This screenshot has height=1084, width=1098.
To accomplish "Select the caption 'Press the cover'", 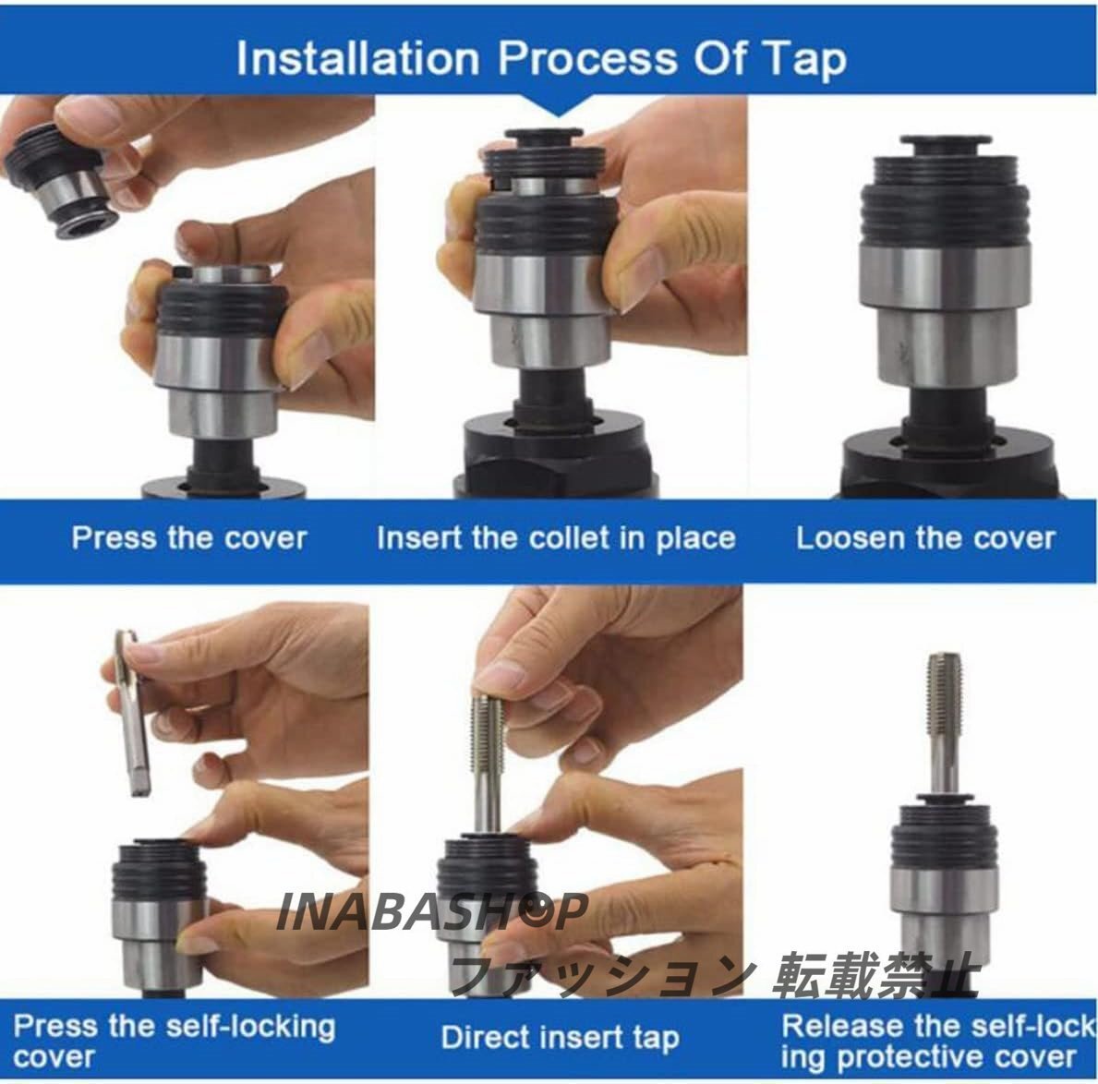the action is point(189,538).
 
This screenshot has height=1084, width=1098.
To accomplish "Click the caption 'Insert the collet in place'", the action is point(556,538).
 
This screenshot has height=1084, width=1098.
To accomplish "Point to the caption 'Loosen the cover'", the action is point(925,538).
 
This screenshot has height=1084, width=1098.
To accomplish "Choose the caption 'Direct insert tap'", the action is point(561,1038).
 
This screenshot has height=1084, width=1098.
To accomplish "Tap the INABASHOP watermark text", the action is point(431,911).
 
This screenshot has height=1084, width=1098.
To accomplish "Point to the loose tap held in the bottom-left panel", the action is point(132,712).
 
